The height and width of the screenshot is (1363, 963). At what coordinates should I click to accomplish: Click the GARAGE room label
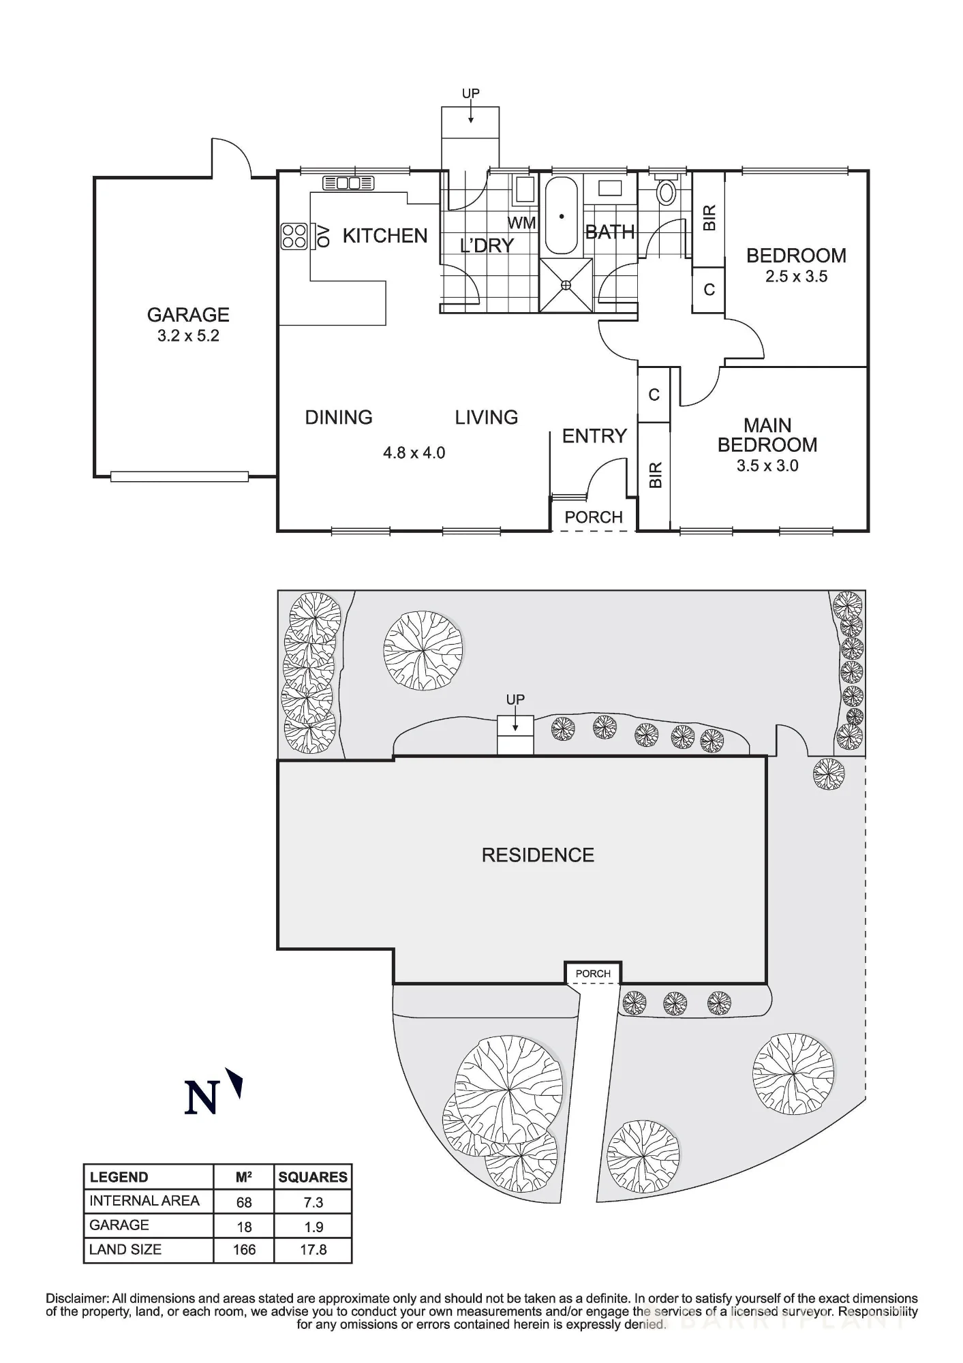coord(188,315)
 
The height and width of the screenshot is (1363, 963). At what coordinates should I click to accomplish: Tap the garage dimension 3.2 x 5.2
coord(188,336)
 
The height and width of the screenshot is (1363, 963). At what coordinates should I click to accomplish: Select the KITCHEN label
coord(385,236)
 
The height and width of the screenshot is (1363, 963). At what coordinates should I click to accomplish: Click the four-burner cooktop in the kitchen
coord(294,236)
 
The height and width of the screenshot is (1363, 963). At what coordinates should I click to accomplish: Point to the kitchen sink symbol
coord(348,183)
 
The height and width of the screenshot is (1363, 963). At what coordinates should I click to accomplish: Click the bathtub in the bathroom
coord(562,215)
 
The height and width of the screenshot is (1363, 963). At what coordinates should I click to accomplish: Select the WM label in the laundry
coord(522,223)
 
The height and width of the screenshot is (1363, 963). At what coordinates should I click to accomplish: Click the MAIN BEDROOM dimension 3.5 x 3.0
coord(767,466)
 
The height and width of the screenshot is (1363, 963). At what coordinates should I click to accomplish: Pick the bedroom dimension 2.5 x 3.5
coord(796,277)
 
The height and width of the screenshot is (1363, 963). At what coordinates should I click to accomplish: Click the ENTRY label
coord(594,436)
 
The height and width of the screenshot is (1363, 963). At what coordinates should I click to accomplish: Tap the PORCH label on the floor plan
coord(594,517)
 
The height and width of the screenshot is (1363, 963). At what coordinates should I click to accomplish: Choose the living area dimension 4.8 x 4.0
coord(414,453)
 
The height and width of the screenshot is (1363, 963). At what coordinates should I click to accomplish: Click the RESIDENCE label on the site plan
coord(538,855)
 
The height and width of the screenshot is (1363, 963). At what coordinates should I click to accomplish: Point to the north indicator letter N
coord(201,1097)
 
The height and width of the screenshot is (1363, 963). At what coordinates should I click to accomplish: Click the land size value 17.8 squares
coord(313,1250)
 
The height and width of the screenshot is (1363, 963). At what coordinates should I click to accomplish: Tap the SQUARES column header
coord(313,1177)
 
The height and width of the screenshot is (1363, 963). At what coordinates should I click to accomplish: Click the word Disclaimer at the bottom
coord(77,1299)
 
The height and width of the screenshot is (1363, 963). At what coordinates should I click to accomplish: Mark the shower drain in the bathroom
coord(565,286)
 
